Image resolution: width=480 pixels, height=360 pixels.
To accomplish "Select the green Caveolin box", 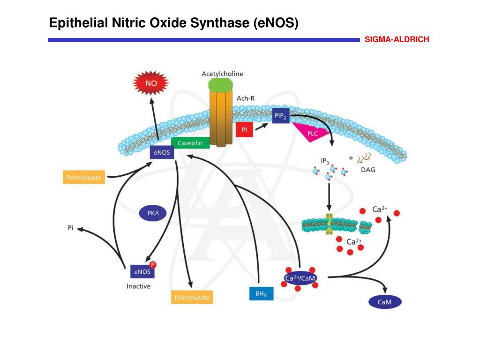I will (190, 143).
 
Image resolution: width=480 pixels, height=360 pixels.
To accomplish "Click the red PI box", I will (244, 129).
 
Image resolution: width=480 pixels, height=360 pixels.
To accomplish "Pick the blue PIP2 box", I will (281, 115).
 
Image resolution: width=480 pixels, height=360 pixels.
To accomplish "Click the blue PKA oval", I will (153, 213).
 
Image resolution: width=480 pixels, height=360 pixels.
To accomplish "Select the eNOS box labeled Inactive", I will (142, 271).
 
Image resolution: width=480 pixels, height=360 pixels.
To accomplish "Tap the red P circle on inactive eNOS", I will (152, 264).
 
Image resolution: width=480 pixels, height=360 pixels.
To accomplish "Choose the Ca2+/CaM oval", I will (300, 278).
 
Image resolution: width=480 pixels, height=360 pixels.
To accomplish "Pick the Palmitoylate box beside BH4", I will (191, 297).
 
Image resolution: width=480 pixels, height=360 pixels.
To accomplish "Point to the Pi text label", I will (70, 228).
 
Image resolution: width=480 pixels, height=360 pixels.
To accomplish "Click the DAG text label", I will (367, 170).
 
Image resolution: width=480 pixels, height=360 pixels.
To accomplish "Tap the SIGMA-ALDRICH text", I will (397, 40).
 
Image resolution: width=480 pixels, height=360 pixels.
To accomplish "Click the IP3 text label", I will (325, 161).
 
